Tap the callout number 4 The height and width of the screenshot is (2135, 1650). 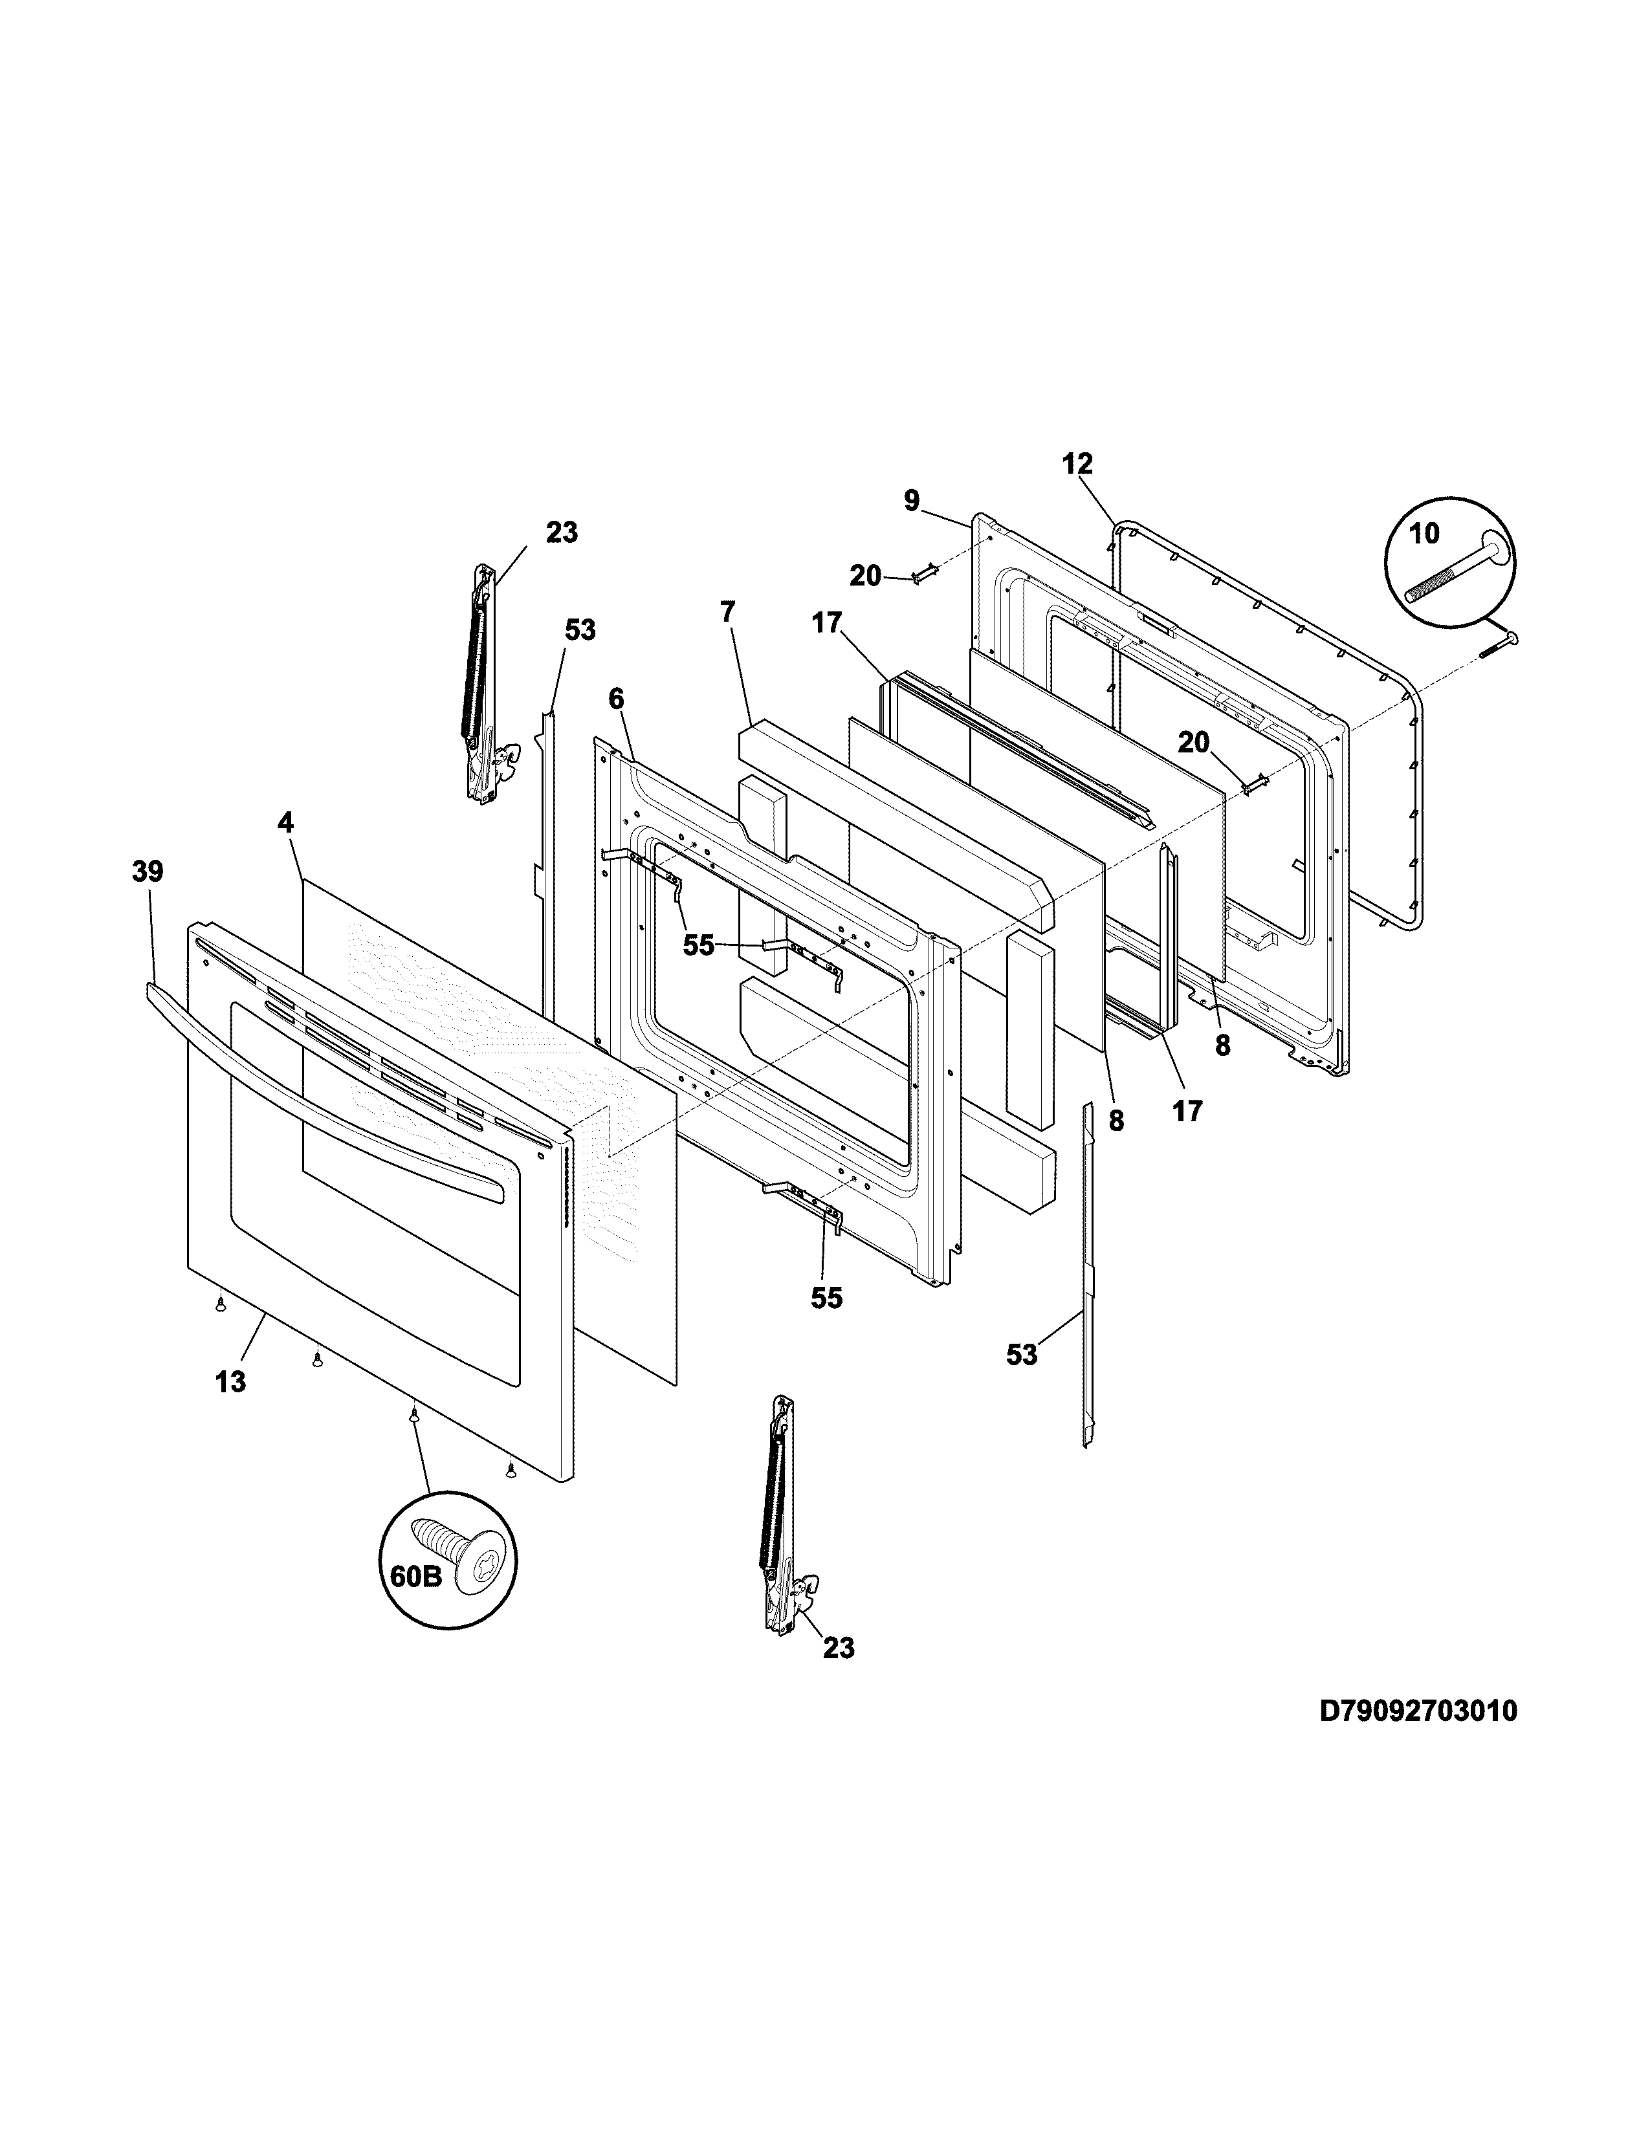[x=285, y=823]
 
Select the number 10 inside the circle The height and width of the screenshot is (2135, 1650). [x=1424, y=534]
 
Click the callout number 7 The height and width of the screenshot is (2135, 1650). [x=727, y=612]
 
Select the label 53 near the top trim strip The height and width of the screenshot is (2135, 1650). [x=580, y=631]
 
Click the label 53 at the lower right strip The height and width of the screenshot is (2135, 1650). [x=1022, y=1355]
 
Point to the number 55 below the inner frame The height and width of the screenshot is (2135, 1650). [x=826, y=1298]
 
